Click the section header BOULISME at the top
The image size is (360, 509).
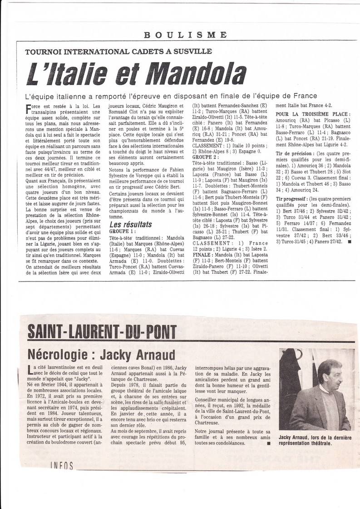coord(186,35)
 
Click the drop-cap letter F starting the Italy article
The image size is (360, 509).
coord(30,109)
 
